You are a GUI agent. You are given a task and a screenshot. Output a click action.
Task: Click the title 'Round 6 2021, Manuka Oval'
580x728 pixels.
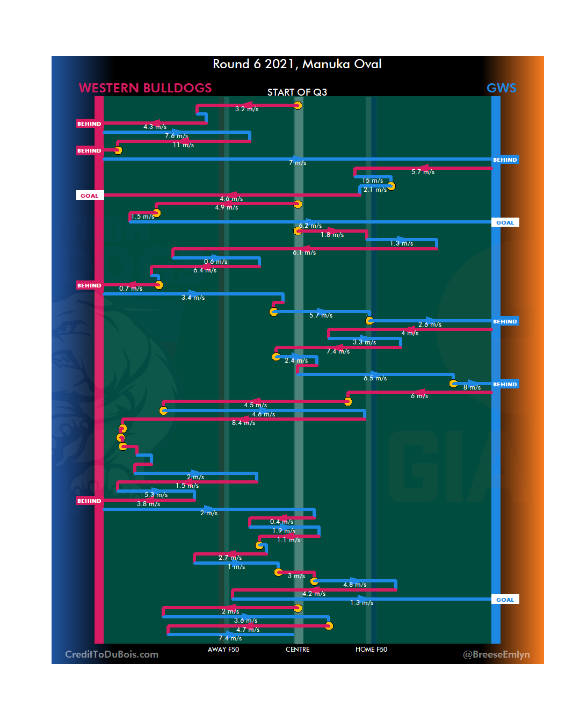(x=297, y=64)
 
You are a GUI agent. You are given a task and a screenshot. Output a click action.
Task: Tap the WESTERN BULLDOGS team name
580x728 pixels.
(x=145, y=88)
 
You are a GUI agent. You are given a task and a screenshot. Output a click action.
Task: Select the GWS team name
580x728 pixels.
(x=501, y=88)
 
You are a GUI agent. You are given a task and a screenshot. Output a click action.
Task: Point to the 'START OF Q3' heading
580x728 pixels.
(x=297, y=92)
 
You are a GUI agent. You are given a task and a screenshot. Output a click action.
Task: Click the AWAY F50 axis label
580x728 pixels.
(x=223, y=650)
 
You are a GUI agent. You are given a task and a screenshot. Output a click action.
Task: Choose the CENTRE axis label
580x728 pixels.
(x=298, y=650)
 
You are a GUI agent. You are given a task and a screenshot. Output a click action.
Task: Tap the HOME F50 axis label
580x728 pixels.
(x=371, y=650)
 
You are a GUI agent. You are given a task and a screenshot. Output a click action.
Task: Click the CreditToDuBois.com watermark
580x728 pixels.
(x=112, y=654)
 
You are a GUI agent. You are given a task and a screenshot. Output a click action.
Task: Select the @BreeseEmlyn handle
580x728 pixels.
(x=496, y=654)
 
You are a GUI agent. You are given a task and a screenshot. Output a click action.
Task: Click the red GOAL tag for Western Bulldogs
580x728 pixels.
(x=90, y=196)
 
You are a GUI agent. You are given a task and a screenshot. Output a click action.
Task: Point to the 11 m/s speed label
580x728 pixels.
(x=183, y=145)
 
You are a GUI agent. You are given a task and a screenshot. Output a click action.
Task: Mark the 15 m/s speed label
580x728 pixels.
(x=372, y=181)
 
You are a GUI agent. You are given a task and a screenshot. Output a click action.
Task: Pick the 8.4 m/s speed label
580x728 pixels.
(x=243, y=423)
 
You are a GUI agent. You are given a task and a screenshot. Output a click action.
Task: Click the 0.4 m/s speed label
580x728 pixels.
(x=281, y=522)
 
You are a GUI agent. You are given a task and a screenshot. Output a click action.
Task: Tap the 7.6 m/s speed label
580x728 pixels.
(x=176, y=136)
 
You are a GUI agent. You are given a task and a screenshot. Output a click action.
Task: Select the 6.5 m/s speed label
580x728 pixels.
(x=375, y=378)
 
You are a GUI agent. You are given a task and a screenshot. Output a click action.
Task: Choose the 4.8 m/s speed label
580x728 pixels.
(x=354, y=585)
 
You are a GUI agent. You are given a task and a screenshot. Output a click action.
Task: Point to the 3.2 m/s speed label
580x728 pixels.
(x=247, y=109)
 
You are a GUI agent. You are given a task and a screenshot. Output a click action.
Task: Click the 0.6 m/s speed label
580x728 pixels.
(x=215, y=262)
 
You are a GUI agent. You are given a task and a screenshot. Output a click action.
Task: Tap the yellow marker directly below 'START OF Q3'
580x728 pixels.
(x=298, y=105)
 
